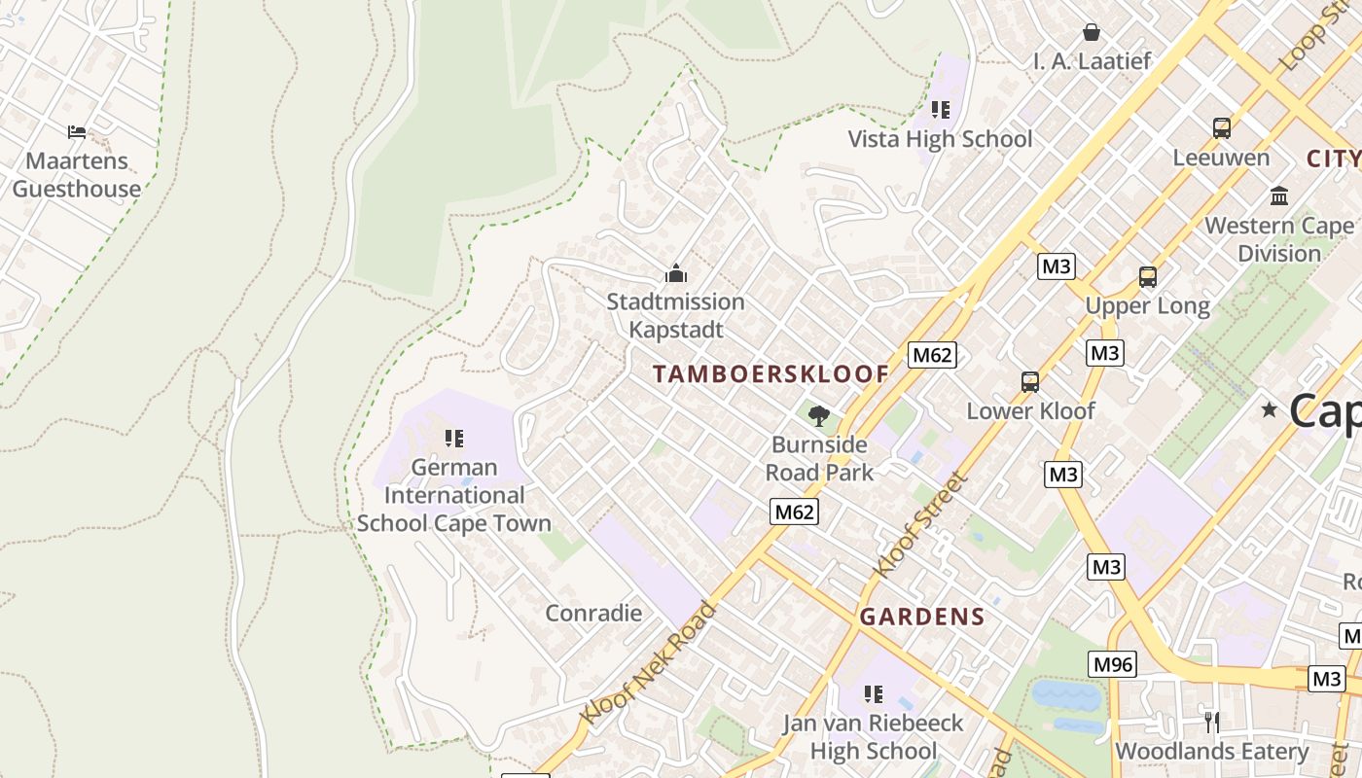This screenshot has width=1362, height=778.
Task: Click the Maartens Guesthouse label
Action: pos(76,175)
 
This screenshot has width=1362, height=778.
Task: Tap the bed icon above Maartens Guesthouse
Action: pos(77,131)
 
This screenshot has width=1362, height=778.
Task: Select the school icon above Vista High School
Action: pos(940,109)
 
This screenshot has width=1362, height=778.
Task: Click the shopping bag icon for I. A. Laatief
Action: pos(1092,32)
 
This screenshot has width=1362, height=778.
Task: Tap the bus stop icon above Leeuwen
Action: pos(1221,127)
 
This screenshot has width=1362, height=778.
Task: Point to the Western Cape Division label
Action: pos(1278,239)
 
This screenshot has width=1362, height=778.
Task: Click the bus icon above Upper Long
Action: pos(1148,277)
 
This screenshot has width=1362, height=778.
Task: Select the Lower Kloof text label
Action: pos(1030,411)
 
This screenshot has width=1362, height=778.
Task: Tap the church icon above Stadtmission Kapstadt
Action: pos(675,273)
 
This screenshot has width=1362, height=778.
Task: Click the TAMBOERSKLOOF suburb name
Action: pos(771,374)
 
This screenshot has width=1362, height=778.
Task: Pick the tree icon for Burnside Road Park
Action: pos(819,416)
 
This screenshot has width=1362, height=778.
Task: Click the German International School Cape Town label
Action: pos(453,495)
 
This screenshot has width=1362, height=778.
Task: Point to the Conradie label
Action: pos(593,613)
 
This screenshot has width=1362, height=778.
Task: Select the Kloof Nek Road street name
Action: pos(648,663)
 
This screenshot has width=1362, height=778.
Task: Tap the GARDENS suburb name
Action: pos(922,617)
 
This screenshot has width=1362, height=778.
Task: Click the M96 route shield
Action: pos(1113,664)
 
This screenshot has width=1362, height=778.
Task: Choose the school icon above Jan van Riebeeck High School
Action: pos(874,694)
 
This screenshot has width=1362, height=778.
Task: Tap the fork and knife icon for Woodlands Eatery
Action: pos(1211,722)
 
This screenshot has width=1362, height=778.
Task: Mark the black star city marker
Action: pos(1269,409)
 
